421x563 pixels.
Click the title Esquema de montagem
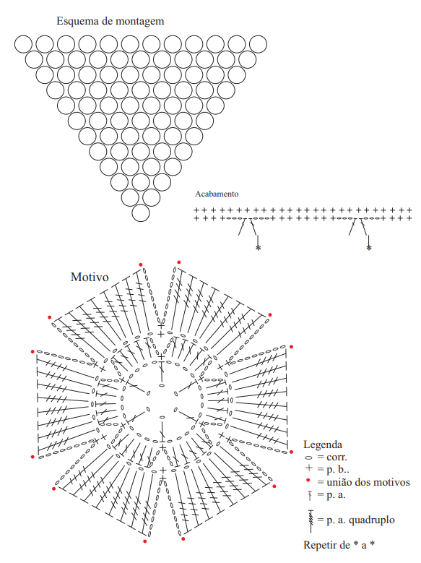110,21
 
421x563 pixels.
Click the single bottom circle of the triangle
141,213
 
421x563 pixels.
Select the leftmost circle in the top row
23,44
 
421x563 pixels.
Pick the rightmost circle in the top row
258,44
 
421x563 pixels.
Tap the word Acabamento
217,194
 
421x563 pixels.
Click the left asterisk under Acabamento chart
258,248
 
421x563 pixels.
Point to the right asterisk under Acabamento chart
368,248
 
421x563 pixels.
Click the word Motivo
90,277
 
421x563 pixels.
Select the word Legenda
323,444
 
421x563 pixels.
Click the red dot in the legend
308,480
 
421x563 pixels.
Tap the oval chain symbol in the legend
308,457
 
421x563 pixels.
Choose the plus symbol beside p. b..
308,468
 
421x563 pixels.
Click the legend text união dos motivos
368,482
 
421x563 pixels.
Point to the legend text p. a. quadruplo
360,520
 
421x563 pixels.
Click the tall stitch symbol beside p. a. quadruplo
311,521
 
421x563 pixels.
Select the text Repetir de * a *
339,545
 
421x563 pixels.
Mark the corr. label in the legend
337,457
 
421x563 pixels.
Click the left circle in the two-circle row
130,198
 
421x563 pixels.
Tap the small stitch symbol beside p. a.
310,496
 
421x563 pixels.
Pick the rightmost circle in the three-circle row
162,182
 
